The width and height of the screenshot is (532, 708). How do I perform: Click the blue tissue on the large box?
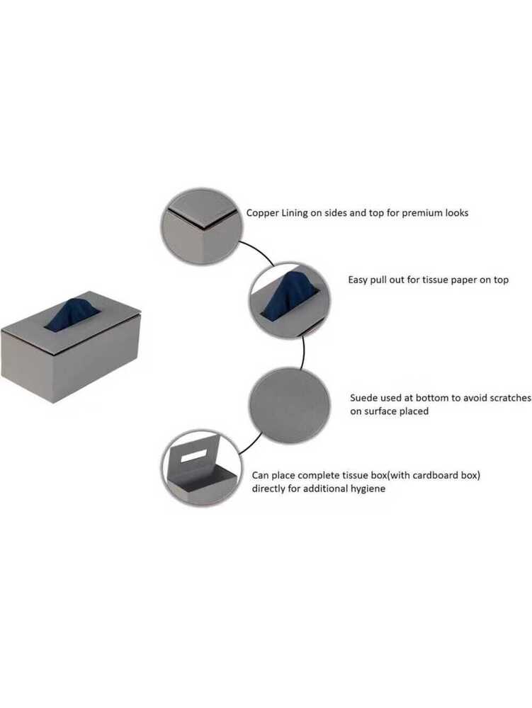[x=72, y=315]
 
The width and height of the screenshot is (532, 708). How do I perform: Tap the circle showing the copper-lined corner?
[x=203, y=227]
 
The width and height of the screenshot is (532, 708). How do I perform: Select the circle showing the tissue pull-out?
[x=289, y=299]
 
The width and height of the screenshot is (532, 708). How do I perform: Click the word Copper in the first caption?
[x=262, y=212]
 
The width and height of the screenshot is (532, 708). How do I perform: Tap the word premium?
[x=424, y=212]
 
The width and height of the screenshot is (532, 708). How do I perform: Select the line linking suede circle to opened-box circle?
[x=247, y=446]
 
